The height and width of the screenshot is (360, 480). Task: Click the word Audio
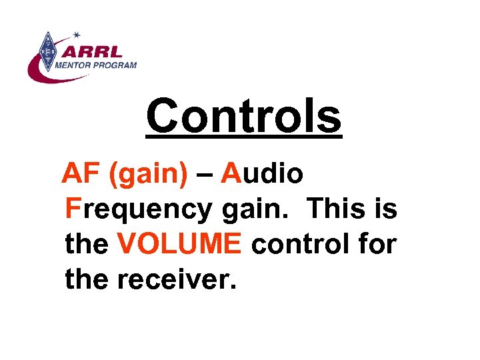coord(263,174)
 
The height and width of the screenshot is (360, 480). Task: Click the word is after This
coord(385,209)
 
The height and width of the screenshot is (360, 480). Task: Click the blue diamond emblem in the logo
coord(47,51)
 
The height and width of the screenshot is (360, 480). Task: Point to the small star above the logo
coord(77,33)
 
